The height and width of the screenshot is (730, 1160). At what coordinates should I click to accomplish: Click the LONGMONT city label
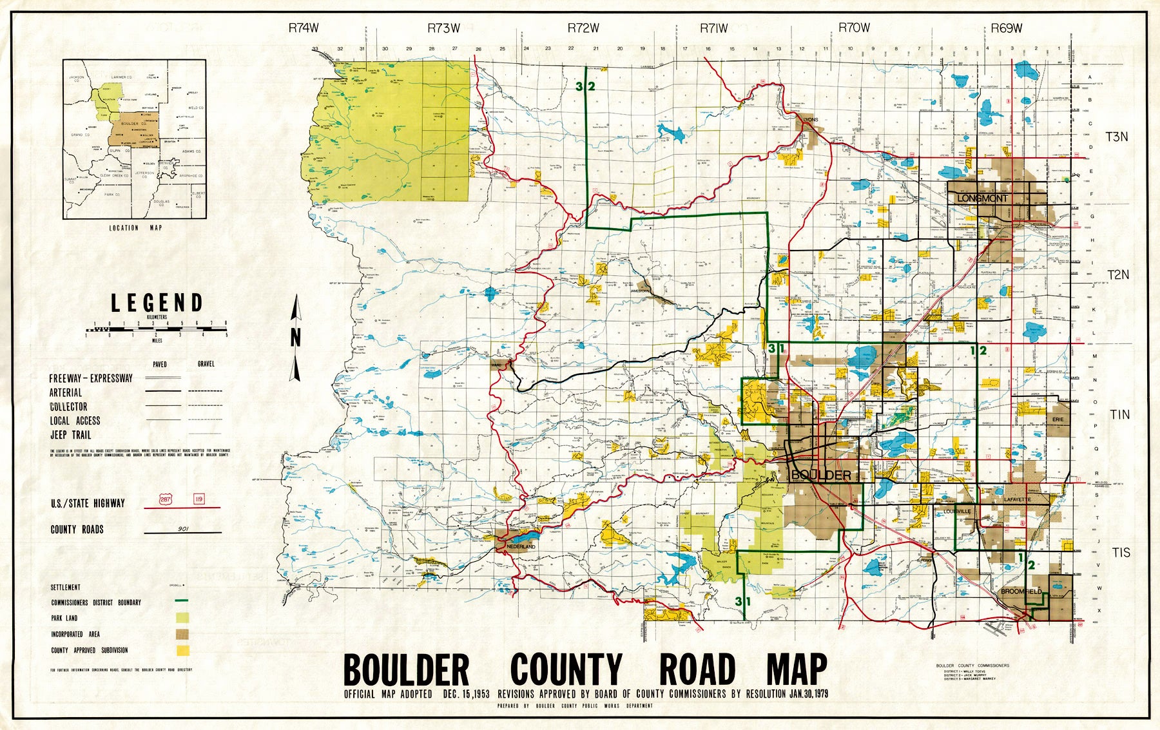[x=982, y=198]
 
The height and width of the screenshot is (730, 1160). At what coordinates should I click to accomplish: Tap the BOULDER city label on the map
[x=821, y=475]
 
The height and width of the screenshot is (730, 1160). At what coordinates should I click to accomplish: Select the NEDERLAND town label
[x=521, y=546]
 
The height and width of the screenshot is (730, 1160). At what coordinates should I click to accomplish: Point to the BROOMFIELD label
[x=1021, y=591]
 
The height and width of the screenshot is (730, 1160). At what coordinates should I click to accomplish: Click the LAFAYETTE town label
[x=1018, y=499]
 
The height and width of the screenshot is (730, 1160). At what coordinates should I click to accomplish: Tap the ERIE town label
[x=1058, y=419]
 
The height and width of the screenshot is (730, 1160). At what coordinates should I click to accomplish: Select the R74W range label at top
[x=304, y=28]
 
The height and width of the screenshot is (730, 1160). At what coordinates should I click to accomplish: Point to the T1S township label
[x=1121, y=553]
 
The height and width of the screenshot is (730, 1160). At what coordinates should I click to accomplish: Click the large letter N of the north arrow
[x=296, y=337]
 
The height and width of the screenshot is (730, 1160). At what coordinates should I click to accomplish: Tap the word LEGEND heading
[x=157, y=303]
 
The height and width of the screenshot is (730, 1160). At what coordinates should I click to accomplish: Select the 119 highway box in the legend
[x=198, y=499]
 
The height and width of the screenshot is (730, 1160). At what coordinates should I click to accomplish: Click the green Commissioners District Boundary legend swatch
[x=182, y=601]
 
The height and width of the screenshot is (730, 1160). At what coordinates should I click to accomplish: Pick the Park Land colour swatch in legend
[x=182, y=618]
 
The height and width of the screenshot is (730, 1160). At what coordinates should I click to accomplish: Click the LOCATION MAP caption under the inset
[x=135, y=227]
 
